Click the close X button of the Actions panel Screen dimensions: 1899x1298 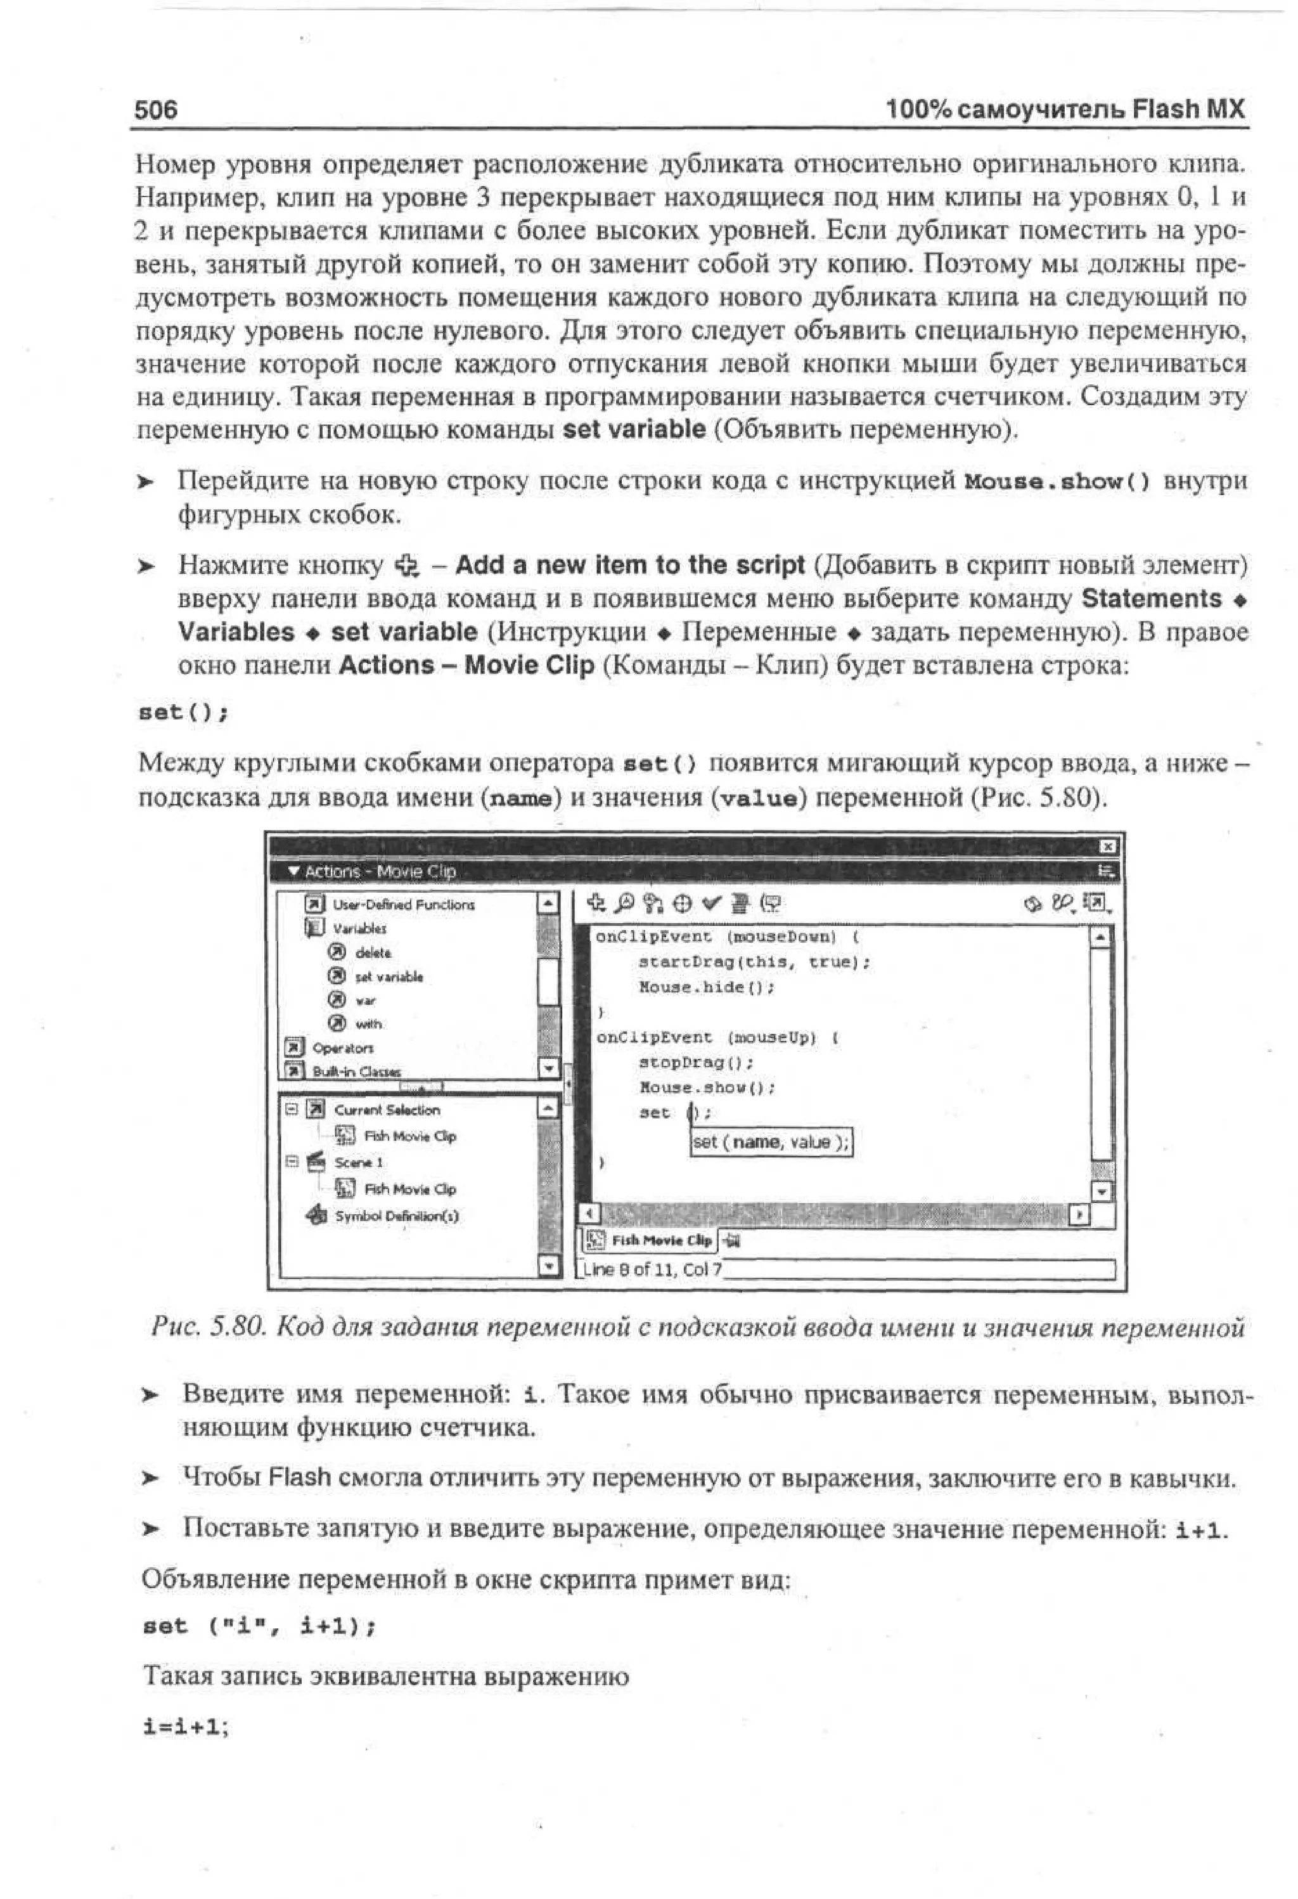[1106, 846]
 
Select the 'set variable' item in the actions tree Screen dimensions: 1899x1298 [388, 976]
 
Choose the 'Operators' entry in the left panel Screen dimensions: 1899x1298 [342, 1047]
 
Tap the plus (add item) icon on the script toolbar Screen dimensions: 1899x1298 [596, 903]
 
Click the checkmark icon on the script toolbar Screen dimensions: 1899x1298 [712, 903]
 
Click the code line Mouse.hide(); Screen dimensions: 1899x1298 [706, 987]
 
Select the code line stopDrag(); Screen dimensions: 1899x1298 [695, 1062]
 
